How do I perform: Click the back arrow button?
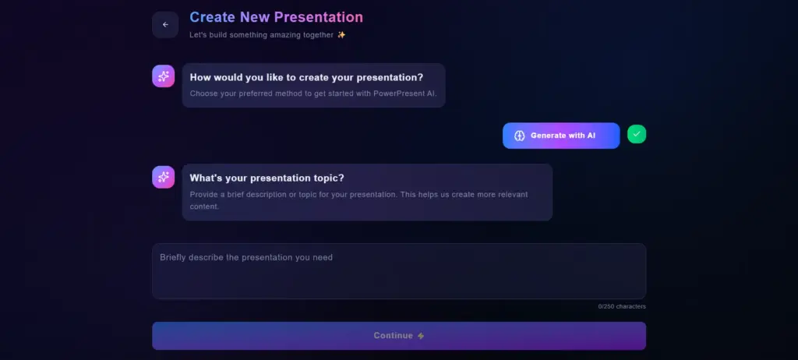coord(165,25)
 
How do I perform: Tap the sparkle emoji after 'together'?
coord(341,35)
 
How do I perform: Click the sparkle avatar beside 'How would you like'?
coord(163,76)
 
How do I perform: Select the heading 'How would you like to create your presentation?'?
coord(306,77)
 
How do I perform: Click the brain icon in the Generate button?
coord(519,136)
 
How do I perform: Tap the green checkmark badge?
coord(637,135)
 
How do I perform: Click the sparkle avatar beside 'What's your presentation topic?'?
coord(163,177)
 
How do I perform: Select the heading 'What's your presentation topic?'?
coord(267,178)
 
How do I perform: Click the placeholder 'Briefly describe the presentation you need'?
coord(246,257)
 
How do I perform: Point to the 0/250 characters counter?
coord(622,306)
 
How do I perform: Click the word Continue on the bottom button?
coord(393,336)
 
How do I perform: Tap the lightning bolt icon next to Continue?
coord(421,336)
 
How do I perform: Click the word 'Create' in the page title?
coord(213,16)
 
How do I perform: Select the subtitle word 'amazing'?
coord(305,35)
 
